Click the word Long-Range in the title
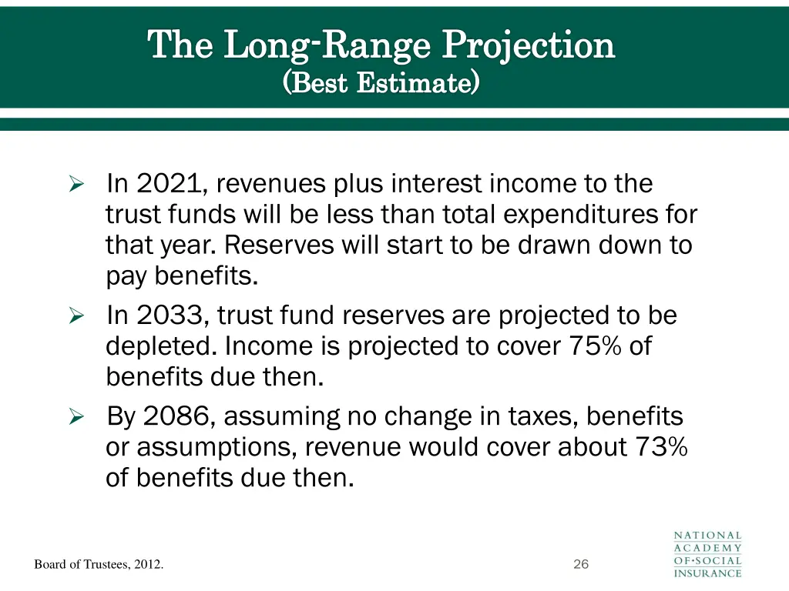tap(327, 45)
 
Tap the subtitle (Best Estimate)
tap(381, 82)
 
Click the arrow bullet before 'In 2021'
tap(76, 185)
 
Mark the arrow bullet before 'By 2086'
tap(76, 417)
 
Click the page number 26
tap(581, 565)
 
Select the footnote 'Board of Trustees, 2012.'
tap(99, 565)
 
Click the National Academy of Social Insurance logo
tap(707, 553)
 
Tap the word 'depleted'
tap(161, 346)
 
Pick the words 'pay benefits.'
tap(182, 276)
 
